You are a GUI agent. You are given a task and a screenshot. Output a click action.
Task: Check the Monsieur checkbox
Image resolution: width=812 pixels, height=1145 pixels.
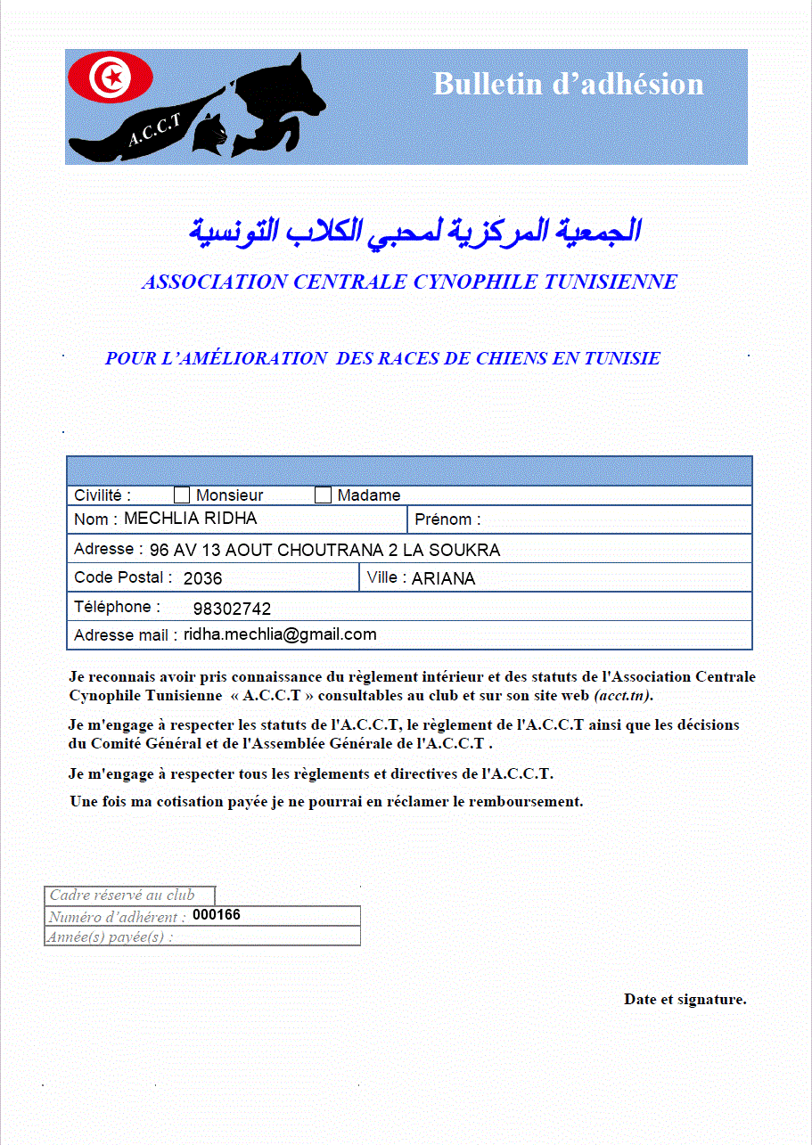pos(182,495)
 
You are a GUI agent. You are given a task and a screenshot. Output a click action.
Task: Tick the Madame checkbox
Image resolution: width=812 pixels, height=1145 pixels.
pos(324,495)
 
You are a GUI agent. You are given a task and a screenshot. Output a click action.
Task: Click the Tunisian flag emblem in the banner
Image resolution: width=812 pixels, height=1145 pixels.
pos(111,78)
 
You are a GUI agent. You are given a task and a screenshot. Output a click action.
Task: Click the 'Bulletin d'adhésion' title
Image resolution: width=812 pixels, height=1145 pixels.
pos(568,84)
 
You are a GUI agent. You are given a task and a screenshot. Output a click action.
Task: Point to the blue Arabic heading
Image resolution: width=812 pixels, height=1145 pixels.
pos(414,230)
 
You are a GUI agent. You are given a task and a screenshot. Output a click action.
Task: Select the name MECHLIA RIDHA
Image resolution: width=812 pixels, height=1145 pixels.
pos(191,519)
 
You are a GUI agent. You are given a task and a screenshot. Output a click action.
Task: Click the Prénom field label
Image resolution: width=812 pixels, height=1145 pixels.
pos(447,519)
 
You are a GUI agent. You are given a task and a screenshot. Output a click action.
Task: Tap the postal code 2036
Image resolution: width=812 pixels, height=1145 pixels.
pos(202,578)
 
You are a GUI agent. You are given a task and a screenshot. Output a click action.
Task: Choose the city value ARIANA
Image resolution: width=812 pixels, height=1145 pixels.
pos(443,578)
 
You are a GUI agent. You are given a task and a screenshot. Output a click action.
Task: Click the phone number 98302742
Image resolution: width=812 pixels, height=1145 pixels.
pos(232,609)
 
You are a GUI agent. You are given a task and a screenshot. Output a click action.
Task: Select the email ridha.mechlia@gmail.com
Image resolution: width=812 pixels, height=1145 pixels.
pos(280,634)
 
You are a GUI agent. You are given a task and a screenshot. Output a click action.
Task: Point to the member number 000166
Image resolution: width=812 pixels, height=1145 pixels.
pos(217,915)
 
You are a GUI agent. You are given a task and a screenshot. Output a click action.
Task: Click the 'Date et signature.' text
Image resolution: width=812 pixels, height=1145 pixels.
pos(685,999)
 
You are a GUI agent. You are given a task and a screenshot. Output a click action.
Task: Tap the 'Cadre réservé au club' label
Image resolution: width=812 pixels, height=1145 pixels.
pos(121,896)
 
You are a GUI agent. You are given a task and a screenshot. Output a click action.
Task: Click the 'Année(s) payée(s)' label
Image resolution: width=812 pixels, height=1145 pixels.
pos(111,936)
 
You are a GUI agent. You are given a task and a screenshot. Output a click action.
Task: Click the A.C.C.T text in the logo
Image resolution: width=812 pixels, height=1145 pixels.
pos(154,130)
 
